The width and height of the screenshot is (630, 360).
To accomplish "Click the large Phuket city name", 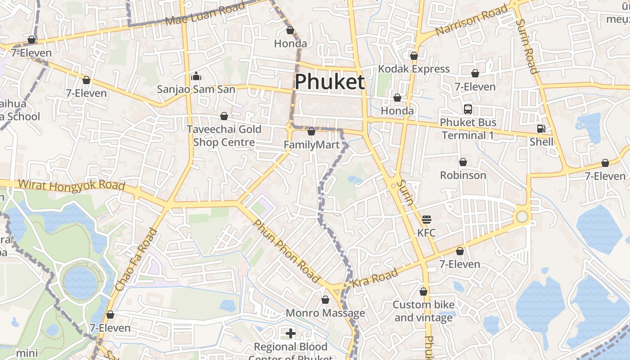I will tap(329, 82).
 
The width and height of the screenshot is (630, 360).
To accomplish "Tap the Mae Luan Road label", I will tap(205, 13).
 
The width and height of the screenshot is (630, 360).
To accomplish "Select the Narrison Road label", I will tap(472, 20).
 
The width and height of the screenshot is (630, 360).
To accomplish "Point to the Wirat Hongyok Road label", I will tap(72, 185).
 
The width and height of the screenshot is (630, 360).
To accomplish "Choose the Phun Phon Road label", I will tap(286, 251).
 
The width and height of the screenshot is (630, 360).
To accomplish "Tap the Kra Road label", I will tap(375, 278).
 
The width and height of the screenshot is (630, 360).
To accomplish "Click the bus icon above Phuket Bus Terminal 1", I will tap(468, 109).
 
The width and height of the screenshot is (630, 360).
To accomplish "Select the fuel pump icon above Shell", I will tap(541, 129).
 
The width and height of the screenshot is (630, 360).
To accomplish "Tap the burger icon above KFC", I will tap(427, 220).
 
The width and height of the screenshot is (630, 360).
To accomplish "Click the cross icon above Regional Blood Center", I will tap(291, 333).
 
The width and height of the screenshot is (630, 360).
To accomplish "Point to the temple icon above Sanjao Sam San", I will tap(196, 76).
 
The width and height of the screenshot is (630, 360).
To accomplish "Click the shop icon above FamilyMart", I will tap(311, 131).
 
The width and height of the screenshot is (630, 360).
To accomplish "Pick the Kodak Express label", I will tap(414, 69).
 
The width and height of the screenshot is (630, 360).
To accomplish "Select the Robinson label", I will tap(463, 175).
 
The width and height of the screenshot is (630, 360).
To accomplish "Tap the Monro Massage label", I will tap(325, 313).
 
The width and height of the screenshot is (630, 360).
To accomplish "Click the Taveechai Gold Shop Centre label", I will tap(224, 135).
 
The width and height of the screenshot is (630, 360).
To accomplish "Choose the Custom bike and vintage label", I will tap(423, 311).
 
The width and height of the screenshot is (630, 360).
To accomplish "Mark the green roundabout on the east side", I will tap(522, 217).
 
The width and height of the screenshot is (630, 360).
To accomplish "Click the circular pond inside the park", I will tap(80, 281).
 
